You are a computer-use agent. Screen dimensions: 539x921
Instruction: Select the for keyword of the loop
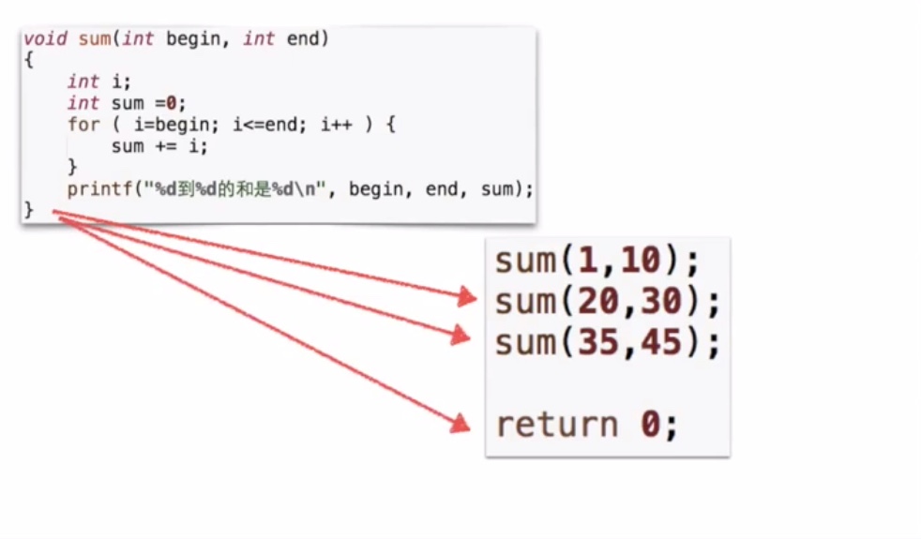click(x=83, y=125)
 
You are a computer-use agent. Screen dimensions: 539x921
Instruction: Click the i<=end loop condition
click(x=264, y=125)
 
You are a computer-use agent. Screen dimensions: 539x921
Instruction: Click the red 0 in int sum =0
click(x=171, y=103)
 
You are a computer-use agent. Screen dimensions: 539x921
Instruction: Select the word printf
click(x=100, y=189)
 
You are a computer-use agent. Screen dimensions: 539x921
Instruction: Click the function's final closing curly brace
click(x=28, y=211)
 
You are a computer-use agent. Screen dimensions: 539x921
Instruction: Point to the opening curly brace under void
click(x=28, y=60)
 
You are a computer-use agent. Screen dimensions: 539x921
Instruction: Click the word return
click(x=556, y=426)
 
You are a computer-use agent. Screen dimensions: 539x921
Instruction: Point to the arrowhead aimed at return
click(x=460, y=425)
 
